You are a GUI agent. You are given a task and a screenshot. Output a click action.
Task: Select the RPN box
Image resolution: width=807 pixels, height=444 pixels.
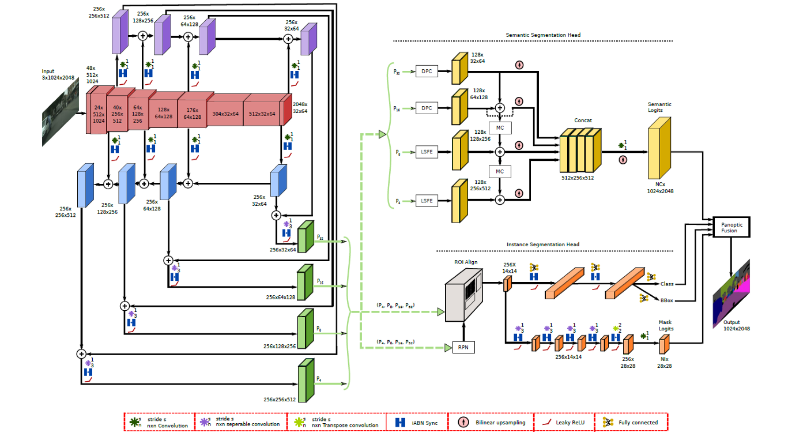coord(463,347)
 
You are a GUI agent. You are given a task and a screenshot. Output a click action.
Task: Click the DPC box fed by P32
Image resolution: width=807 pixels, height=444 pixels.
coord(427,72)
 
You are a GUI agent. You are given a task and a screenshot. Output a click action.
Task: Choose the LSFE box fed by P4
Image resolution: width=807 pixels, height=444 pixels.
coord(427,201)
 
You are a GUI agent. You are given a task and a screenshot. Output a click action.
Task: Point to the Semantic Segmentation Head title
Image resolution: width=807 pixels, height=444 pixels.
coord(543,35)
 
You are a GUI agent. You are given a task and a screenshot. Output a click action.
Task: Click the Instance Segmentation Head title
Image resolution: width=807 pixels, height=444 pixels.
coord(543,244)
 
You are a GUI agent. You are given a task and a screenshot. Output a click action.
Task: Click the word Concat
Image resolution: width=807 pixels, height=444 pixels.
coord(583,121)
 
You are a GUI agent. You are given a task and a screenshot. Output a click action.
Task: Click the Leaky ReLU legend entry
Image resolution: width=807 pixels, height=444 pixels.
coord(562,422)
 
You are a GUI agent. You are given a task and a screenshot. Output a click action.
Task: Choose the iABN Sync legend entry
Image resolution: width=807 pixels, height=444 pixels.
coord(417,423)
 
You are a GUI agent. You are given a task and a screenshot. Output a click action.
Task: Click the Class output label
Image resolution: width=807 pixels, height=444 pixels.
coord(667,284)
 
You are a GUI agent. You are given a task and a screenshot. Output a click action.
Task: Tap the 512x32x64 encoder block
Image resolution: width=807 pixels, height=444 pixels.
coord(262,114)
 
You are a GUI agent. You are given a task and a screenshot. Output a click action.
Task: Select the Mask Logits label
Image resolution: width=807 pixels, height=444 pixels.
coord(666,326)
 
